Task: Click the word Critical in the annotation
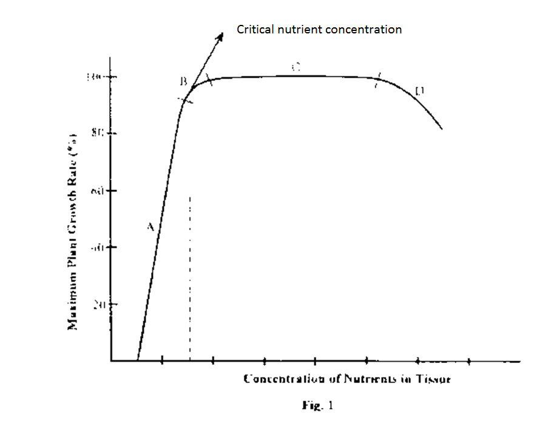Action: pyautogui.click(x=254, y=29)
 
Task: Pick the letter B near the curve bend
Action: pyautogui.click(x=183, y=81)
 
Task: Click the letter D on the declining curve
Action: pyautogui.click(x=419, y=91)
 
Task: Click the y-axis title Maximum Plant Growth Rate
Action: pyautogui.click(x=73, y=231)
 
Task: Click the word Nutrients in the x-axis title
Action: pyautogui.click(x=371, y=379)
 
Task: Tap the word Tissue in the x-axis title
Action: pyautogui.click(x=434, y=379)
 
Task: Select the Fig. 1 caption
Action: pyautogui.click(x=318, y=405)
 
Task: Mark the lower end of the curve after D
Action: pyautogui.click(x=442, y=129)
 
